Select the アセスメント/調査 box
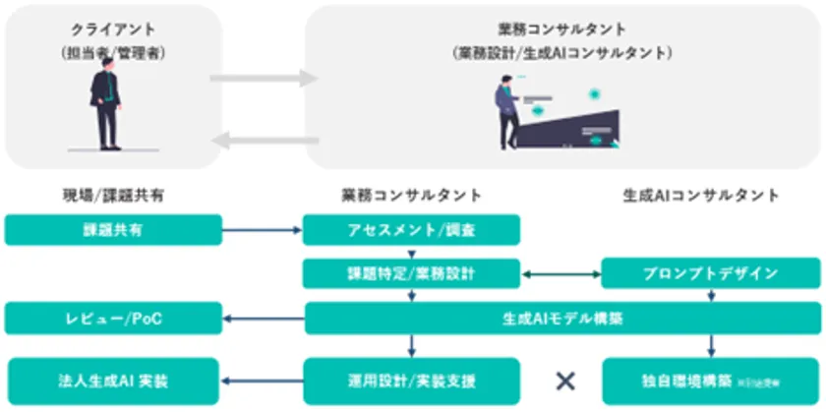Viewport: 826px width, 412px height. (410, 231)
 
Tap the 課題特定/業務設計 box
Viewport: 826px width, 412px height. (410, 273)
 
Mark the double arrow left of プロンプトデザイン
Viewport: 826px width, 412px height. (560, 273)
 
